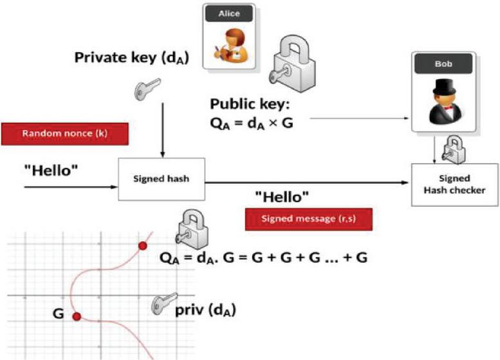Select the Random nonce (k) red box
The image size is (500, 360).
click(64, 134)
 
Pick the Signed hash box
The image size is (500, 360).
click(162, 179)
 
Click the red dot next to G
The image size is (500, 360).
click(77, 316)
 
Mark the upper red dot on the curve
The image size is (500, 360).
click(143, 246)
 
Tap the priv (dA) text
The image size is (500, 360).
click(205, 310)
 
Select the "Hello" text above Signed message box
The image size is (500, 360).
click(282, 195)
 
